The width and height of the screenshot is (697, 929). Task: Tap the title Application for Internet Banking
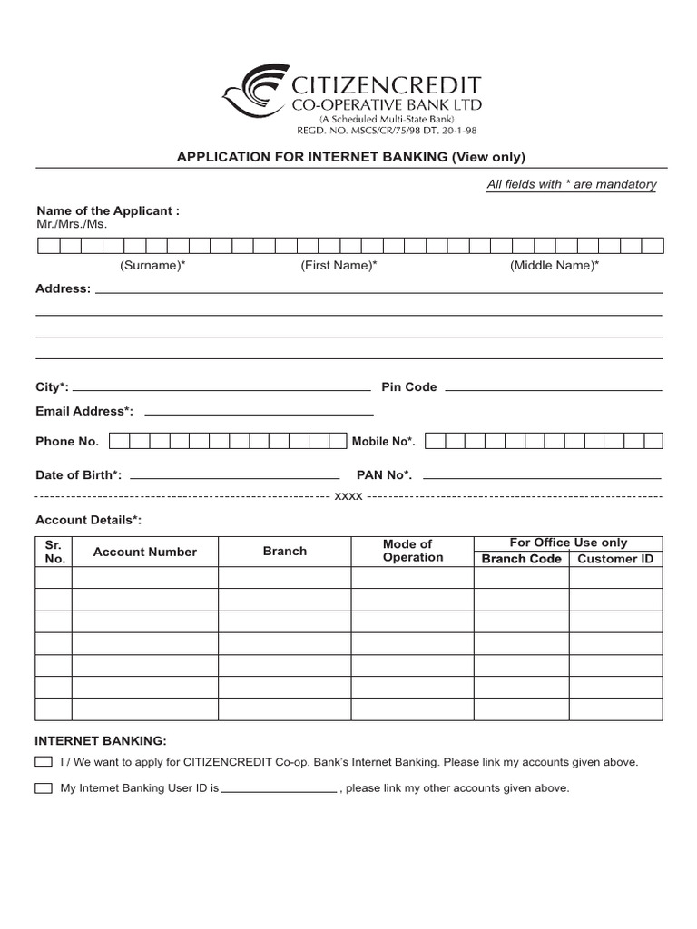click(350, 156)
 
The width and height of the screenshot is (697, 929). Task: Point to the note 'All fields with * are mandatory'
click(571, 184)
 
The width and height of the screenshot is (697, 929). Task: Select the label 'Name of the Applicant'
click(107, 210)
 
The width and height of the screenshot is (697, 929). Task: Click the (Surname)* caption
click(152, 265)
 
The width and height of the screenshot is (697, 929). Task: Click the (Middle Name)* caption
click(554, 265)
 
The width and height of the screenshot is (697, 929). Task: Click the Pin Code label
click(408, 387)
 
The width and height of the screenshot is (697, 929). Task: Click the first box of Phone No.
click(117, 442)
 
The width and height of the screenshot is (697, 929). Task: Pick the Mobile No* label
click(383, 442)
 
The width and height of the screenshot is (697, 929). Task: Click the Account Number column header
click(144, 552)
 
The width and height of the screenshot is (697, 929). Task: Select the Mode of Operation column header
click(413, 551)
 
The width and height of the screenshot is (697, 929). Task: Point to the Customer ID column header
click(615, 559)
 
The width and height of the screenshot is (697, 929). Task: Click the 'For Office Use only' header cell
click(568, 543)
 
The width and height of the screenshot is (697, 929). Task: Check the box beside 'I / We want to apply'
click(44, 762)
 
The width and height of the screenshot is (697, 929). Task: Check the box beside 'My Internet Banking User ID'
click(44, 788)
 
